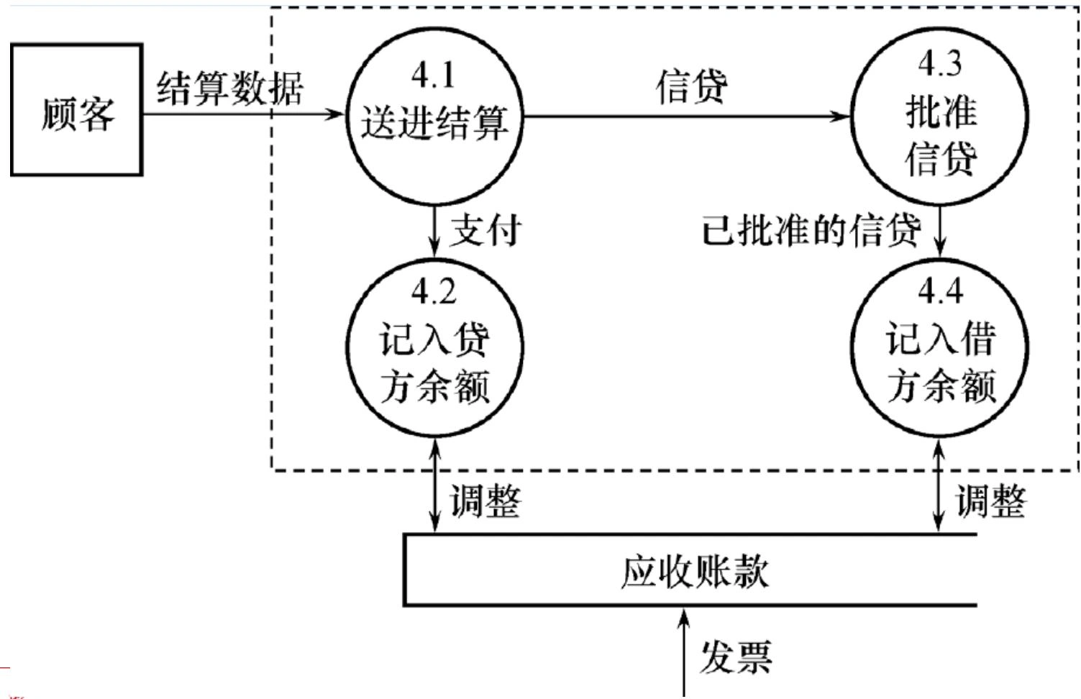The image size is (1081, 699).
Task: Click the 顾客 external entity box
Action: (77, 110)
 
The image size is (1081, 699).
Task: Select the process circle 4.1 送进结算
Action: (434, 115)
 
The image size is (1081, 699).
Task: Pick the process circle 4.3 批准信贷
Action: (939, 115)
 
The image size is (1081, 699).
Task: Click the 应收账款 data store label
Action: (694, 572)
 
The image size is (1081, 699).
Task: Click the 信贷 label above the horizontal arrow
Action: (691, 87)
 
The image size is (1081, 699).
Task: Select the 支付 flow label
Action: (485, 230)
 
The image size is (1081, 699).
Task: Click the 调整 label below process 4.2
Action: (485, 501)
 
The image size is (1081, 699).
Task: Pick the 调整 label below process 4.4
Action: (990, 501)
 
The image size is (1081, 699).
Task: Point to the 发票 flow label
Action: (736, 657)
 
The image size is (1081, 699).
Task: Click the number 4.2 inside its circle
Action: (434, 291)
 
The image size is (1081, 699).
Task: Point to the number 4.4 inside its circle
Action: (939, 291)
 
